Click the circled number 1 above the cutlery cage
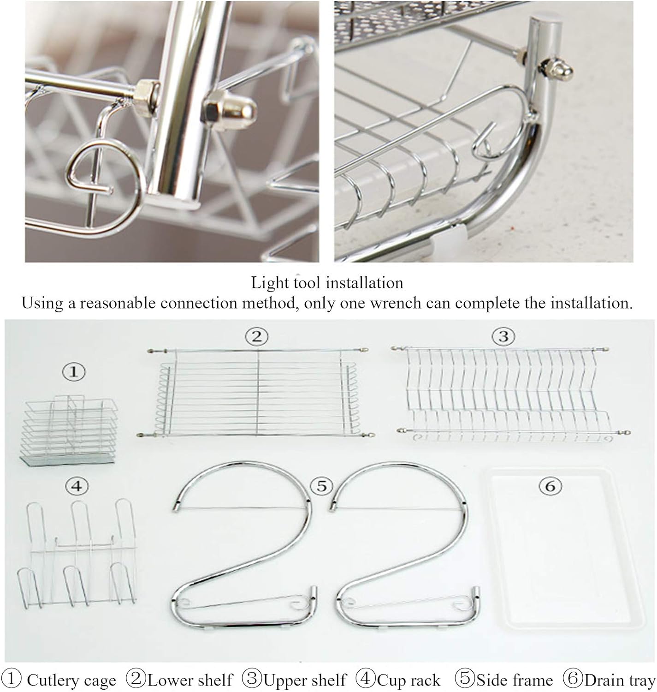tap(74, 372)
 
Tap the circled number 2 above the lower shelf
tap(256, 337)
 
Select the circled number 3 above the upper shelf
tap(503, 336)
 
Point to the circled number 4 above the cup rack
tap(77, 486)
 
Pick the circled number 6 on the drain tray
tap(550, 486)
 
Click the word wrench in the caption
tap(395, 303)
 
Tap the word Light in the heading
tap(268, 283)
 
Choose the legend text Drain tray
tap(620, 680)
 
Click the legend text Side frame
tap(515, 680)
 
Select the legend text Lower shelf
tap(190, 680)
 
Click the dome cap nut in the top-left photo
tap(230, 110)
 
